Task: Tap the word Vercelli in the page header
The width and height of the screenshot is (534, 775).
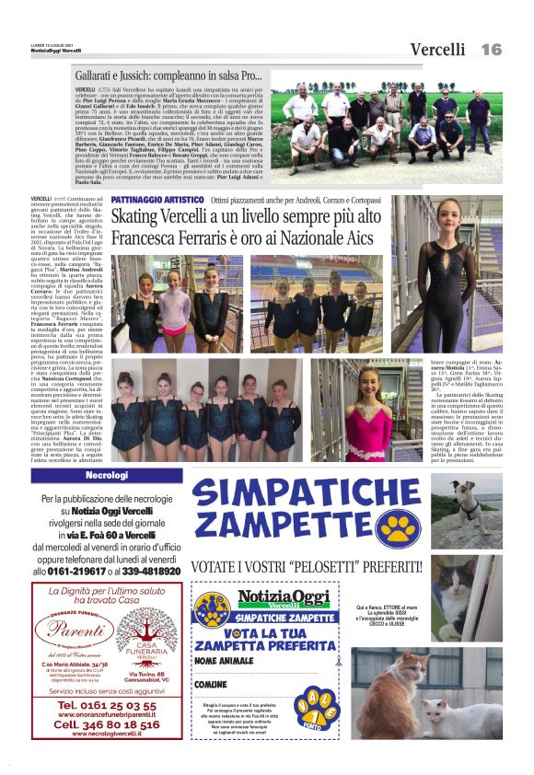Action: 440,49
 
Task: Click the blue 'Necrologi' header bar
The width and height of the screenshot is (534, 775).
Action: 105,475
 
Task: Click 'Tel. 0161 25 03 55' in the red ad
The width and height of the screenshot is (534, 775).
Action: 106,705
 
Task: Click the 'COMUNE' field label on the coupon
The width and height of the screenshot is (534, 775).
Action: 211,685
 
